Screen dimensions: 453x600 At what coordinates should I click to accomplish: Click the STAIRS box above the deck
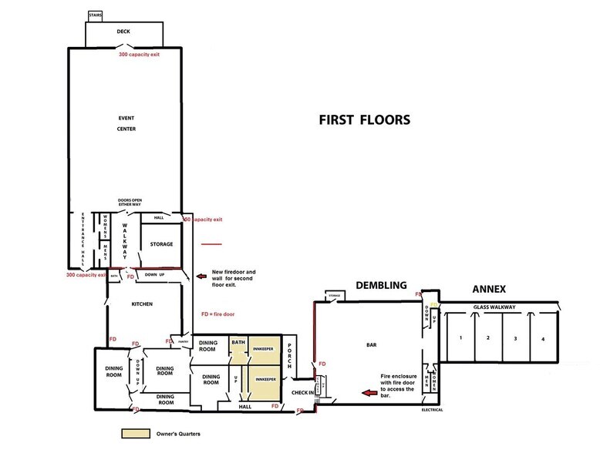[96, 15]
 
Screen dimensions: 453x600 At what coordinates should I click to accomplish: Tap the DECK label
[123, 32]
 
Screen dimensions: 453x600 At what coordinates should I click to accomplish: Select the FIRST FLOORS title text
[365, 120]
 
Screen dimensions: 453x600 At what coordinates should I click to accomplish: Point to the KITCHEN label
[142, 304]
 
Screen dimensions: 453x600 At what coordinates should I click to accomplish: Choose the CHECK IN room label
[301, 393]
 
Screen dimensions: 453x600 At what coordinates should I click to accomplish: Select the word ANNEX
[488, 290]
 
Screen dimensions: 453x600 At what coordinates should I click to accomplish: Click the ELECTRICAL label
[432, 410]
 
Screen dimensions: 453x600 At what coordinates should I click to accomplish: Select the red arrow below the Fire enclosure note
[370, 394]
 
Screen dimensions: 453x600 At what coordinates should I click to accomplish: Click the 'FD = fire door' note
[217, 314]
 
